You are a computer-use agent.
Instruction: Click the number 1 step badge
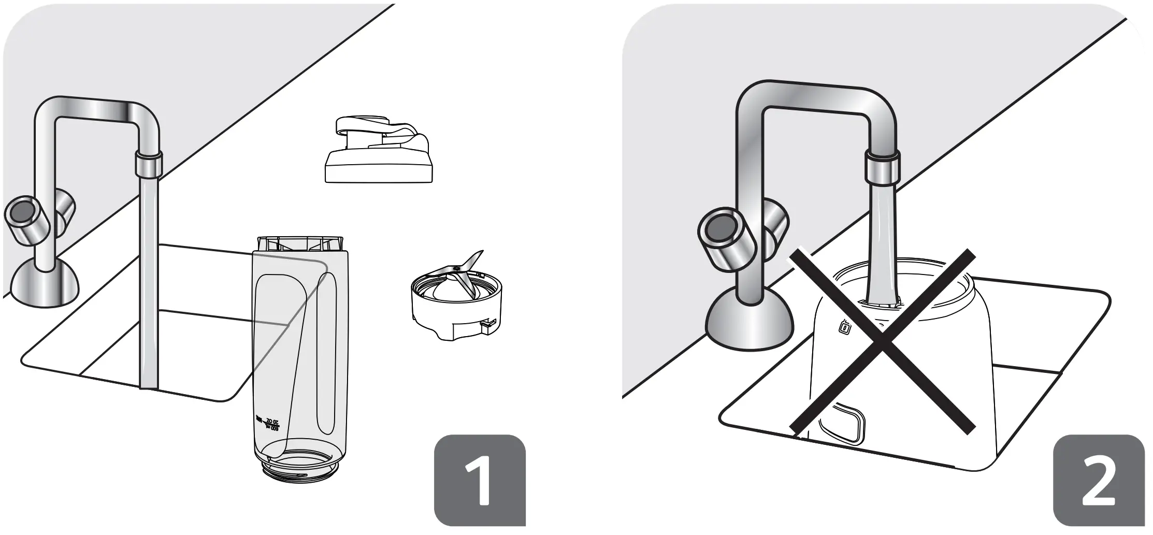(479, 480)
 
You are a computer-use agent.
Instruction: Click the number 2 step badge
(1099, 480)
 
